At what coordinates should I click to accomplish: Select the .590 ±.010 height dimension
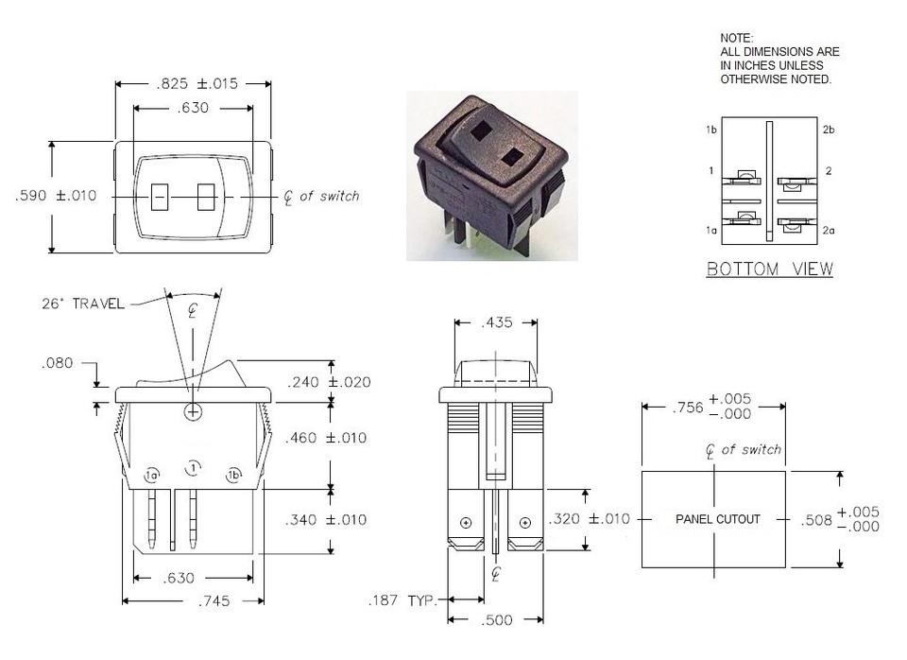(57, 196)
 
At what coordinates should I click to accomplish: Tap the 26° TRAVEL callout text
(83, 304)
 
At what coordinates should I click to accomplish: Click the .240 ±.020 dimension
(328, 382)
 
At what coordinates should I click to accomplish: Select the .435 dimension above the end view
(496, 323)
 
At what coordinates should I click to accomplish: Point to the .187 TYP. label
(403, 600)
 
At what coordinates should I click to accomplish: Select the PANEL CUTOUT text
(717, 519)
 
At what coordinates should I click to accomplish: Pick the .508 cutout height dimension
(839, 518)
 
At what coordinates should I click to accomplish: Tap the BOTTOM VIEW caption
(770, 269)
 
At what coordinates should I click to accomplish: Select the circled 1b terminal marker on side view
(233, 476)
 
